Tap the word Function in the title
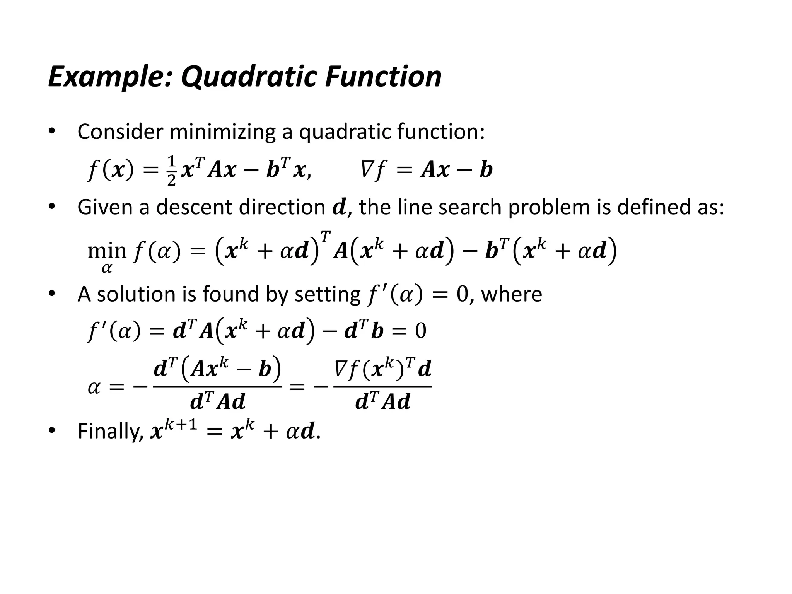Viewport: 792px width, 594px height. [x=383, y=77]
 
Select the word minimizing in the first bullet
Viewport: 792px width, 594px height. [x=222, y=132]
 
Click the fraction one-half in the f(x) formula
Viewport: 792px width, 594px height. [x=172, y=171]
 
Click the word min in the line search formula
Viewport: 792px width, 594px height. [x=107, y=250]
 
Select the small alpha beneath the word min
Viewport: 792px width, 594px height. [x=107, y=268]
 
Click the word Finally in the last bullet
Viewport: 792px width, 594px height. [x=111, y=431]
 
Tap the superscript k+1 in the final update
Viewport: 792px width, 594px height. [x=180, y=424]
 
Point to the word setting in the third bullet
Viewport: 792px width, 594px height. [x=327, y=294]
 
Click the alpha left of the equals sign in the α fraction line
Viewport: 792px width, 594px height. [x=94, y=387]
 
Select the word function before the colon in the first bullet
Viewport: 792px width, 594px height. [x=439, y=132]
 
